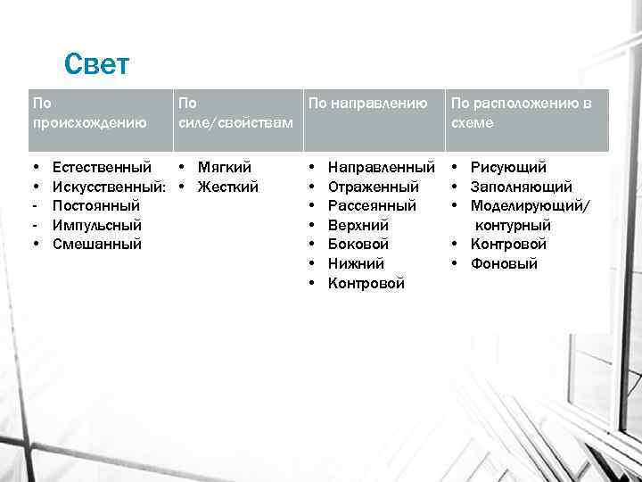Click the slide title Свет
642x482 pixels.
97,64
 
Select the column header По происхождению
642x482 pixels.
89,113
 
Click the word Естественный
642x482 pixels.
102,167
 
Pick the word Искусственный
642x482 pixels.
108,187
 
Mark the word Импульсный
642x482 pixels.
97,225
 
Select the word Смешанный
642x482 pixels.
96,244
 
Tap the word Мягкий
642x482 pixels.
225,167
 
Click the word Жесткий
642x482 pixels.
228,187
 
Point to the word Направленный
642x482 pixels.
382,167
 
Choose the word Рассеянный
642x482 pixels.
372,205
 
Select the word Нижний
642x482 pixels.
356,263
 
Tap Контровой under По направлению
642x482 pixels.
366,283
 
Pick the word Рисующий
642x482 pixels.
508,167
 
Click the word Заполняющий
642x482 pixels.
522,187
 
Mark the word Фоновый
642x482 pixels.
504,263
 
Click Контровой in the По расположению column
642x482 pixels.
508,244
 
